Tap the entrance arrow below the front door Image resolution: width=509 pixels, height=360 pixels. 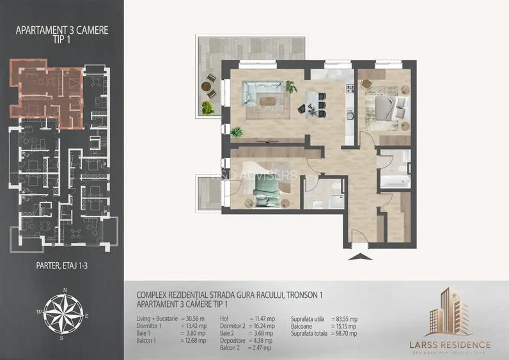tap(360, 256)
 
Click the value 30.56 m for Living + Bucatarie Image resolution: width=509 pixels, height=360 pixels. tap(194, 318)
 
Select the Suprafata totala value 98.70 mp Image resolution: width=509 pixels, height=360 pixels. tap(345, 333)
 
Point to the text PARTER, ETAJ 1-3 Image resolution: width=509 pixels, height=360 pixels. tap(63, 263)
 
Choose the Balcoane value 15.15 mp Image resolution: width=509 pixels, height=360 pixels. tap(345, 325)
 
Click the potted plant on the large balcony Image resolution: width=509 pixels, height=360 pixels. tap(208, 106)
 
